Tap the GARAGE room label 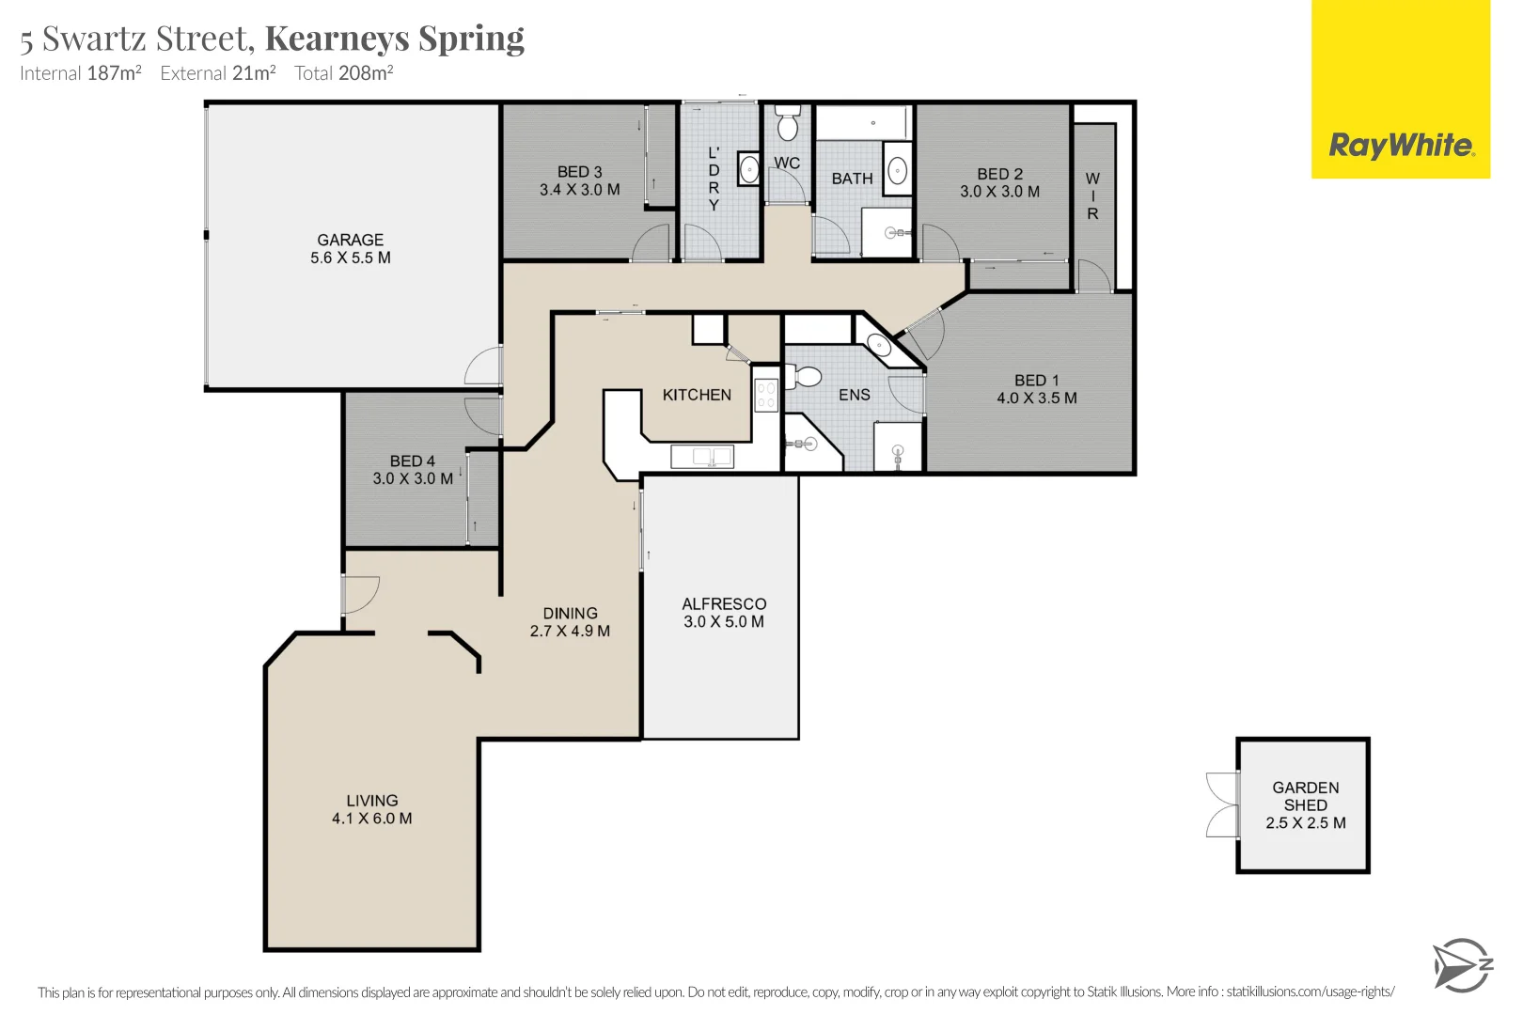point(350,240)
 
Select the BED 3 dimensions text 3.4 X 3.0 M point(580,190)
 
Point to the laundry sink point(749,168)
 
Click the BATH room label point(852,179)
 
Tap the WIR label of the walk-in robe point(1092,196)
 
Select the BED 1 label point(1037,381)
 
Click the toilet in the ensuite point(804,377)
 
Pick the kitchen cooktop point(766,395)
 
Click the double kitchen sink point(702,457)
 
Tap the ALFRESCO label point(724,603)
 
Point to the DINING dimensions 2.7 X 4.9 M point(570,631)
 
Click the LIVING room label point(372,801)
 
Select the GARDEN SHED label point(1306,797)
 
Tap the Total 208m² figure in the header point(344,72)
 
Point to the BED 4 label point(413,461)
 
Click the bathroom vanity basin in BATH point(898,170)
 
